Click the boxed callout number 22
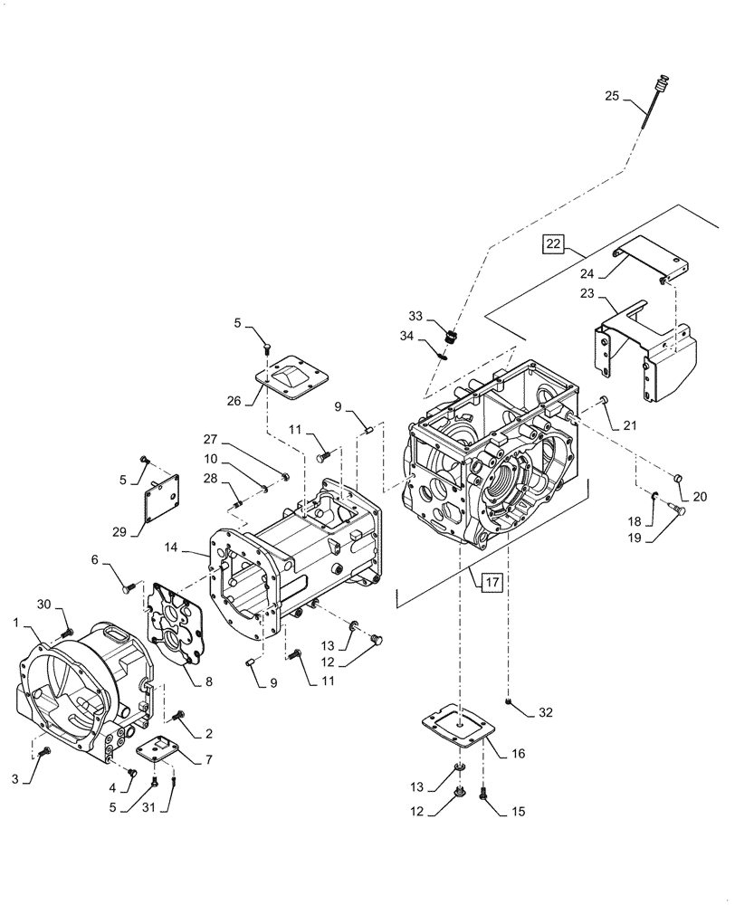point(553,243)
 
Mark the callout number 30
point(43,605)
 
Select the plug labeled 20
point(677,477)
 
